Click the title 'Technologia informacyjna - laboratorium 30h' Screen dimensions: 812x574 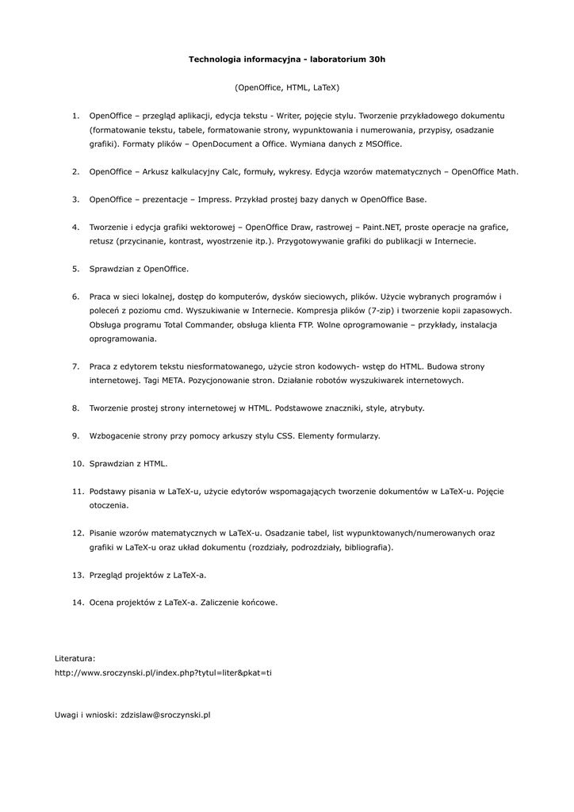coord(286,59)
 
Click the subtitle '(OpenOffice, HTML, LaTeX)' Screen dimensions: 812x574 coord(286,87)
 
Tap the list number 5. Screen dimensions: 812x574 coord(76,269)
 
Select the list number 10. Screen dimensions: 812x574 coord(78,463)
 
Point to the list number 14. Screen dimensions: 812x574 coord(78,603)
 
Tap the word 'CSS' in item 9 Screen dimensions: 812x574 coord(285,435)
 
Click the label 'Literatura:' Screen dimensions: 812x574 coord(75,658)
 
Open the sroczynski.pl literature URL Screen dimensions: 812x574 coord(163,672)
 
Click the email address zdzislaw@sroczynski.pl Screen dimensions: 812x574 coord(164,714)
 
